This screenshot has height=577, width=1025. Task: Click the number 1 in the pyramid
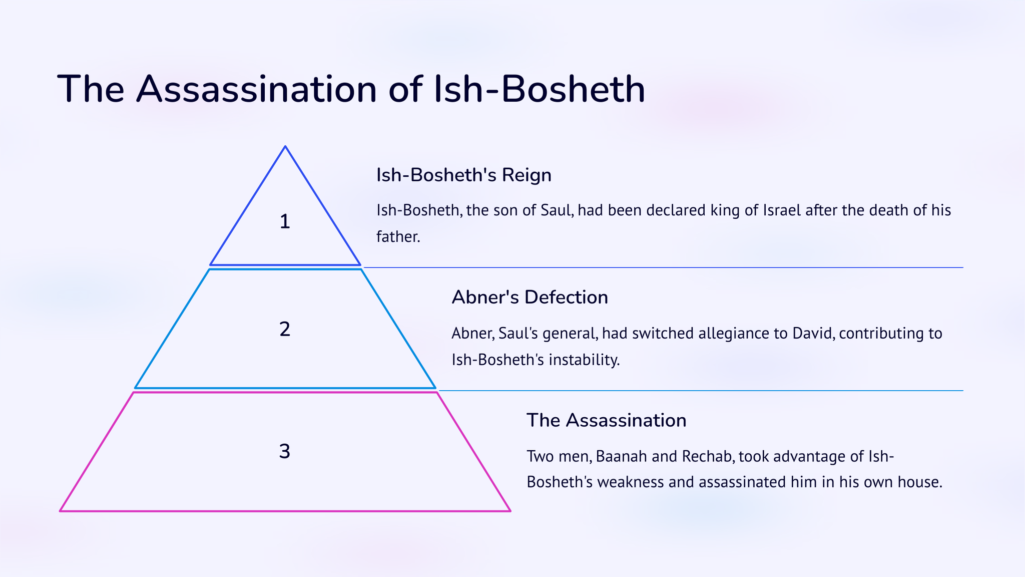click(x=285, y=221)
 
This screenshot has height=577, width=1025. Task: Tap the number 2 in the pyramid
click(x=285, y=329)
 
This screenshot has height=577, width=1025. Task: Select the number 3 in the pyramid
click(x=284, y=451)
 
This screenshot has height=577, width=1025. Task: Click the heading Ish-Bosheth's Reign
click(x=463, y=175)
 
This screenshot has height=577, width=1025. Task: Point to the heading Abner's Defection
click(x=530, y=297)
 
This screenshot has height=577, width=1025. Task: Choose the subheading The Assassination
click(x=606, y=420)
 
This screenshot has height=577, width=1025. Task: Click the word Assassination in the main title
click(x=256, y=89)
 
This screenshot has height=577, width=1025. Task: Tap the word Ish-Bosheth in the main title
click(x=540, y=89)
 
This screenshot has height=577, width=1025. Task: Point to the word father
click(x=398, y=236)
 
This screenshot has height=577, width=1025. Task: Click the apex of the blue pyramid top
click(x=285, y=146)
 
